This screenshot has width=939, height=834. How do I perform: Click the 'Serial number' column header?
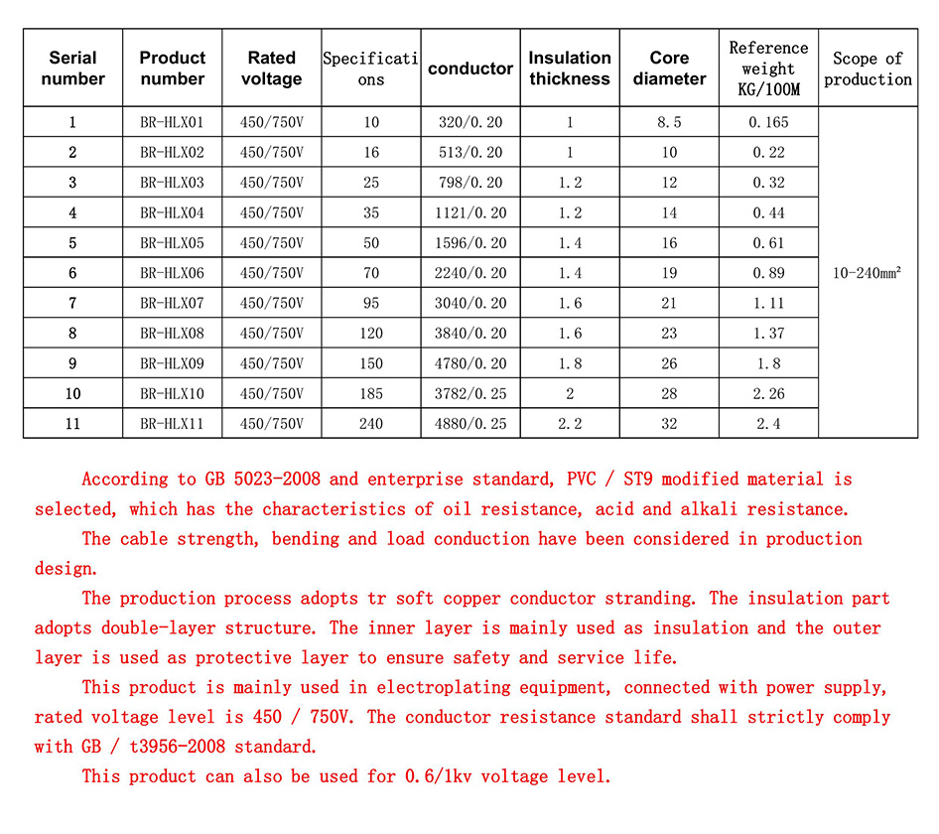pos(72,68)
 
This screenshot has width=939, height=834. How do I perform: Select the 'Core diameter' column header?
pos(669,68)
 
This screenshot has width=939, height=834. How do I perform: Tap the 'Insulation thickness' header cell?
pos(570,68)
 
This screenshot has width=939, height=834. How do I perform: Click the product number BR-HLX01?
pos(172,123)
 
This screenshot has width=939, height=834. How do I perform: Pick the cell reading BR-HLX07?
pos(172,303)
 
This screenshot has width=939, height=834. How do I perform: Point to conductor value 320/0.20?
pos(470,123)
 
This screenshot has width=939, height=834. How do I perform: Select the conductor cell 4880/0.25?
pos(470,424)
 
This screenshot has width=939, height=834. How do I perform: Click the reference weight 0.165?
pos(768,123)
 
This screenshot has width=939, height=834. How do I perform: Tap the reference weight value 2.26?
pos(768,394)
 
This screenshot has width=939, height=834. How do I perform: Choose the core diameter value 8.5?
pos(669,123)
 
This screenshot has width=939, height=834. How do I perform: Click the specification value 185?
pos(371,394)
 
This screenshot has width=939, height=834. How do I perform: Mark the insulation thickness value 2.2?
pos(570,424)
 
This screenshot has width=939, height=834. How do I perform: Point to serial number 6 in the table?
pos(72,273)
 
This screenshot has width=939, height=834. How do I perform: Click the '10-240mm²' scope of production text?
pos(868,273)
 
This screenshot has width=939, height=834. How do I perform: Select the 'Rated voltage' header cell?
pos(271,68)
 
